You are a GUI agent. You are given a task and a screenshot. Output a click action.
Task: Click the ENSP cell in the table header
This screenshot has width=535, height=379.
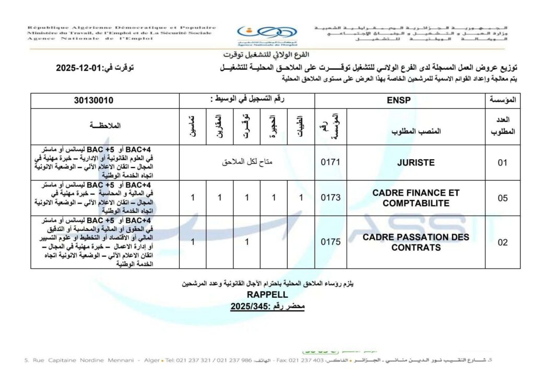400,100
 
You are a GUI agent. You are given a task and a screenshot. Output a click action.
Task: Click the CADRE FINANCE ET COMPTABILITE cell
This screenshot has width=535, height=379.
416,198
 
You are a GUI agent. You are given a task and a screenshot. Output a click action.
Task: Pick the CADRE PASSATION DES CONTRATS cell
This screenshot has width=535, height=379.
416,242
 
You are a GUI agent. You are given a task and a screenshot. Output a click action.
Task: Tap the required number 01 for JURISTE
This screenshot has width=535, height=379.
503,163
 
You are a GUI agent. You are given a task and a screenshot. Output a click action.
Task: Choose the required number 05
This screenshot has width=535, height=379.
503,198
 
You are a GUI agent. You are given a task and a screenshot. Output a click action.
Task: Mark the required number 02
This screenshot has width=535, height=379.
503,242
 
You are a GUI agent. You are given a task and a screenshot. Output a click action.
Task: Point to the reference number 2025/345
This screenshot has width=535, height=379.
249,305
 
